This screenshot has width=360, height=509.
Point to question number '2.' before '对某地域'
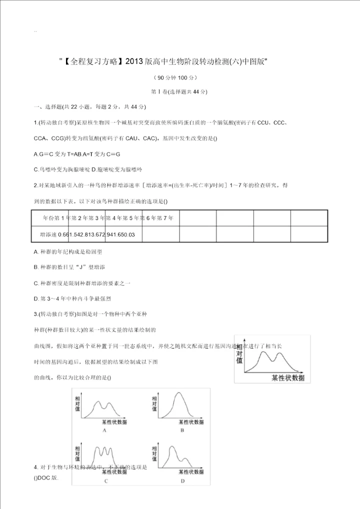pyautogui.click(x=36, y=185)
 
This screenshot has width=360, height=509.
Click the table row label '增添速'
pyautogui.click(x=48, y=234)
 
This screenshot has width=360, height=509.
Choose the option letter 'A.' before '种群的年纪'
pyautogui.click(x=36, y=252)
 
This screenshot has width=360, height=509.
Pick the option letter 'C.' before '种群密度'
pyautogui.click(x=36, y=283)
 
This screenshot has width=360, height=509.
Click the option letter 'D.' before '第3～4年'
pyautogui.click(x=36, y=298)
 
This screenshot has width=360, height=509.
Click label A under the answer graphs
pyautogui.click(x=103, y=430)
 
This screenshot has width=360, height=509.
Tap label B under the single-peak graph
pyautogui.click(x=182, y=430)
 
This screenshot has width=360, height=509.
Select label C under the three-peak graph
pyautogui.click(x=106, y=481)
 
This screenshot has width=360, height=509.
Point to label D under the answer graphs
pyautogui.click(x=182, y=481)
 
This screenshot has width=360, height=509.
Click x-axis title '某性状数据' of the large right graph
pyautogui.click(x=287, y=377)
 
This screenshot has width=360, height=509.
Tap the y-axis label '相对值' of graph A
pyautogui.click(x=77, y=403)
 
